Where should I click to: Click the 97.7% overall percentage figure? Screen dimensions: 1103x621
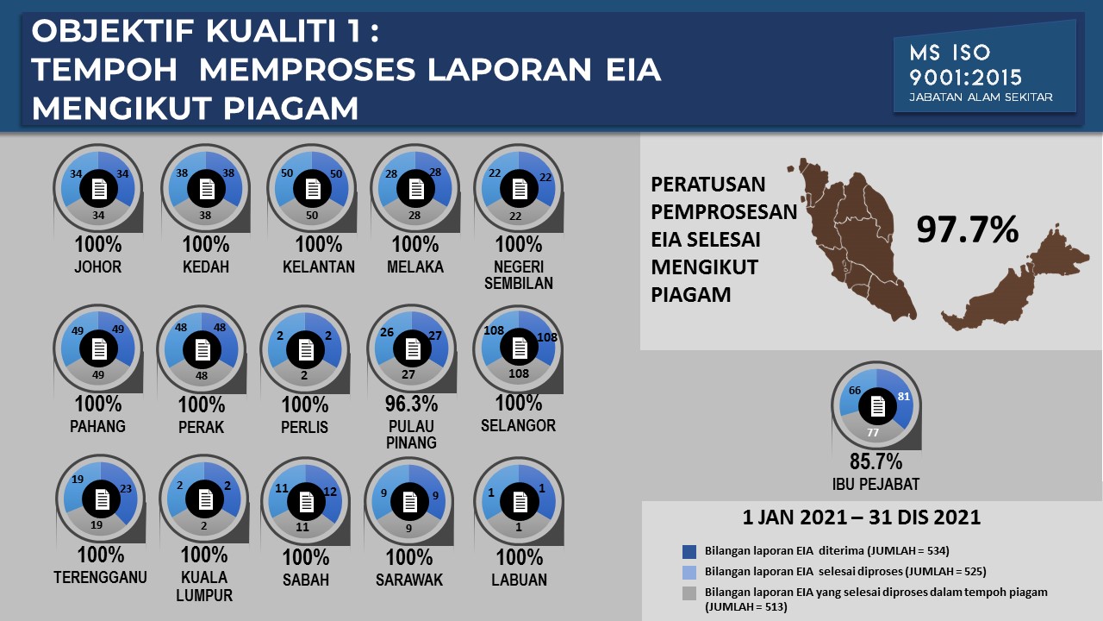click(967, 229)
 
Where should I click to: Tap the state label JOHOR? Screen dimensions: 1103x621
click(97, 267)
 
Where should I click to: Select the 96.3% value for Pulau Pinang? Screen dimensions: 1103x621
click(411, 404)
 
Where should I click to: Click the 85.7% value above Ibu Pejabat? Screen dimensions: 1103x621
click(876, 461)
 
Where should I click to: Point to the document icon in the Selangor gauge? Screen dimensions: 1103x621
click(520, 348)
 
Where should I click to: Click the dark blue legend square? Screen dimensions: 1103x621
click(689, 551)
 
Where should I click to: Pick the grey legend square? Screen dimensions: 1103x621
click(689, 593)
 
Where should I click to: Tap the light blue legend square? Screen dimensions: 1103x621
click(689, 572)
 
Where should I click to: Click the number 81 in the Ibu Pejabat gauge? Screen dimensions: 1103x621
click(904, 396)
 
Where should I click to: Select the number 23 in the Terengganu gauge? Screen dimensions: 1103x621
click(126, 488)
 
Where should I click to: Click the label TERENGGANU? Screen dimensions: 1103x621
click(100, 577)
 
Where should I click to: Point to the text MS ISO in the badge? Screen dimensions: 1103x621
click(950, 53)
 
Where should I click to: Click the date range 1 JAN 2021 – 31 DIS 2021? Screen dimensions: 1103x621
click(861, 517)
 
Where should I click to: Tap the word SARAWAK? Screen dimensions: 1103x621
click(409, 580)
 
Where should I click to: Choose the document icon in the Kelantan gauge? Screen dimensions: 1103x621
click(313, 189)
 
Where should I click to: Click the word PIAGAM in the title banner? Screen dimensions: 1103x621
click(290, 109)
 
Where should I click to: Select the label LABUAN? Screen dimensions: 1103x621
click(519, 580)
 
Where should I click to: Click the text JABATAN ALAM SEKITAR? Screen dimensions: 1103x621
click(981, 97)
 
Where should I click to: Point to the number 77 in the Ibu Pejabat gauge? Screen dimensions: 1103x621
click(873, 432)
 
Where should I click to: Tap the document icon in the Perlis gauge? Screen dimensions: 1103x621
click(306, 350)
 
